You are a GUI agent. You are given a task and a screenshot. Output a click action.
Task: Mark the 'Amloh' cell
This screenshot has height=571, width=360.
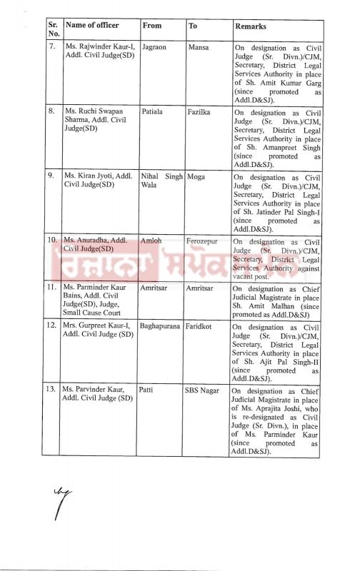pyautogui.click(x=155, y=243)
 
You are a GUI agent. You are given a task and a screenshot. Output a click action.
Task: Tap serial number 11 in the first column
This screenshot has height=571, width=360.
pyautogui.click(x=51, y=288)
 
